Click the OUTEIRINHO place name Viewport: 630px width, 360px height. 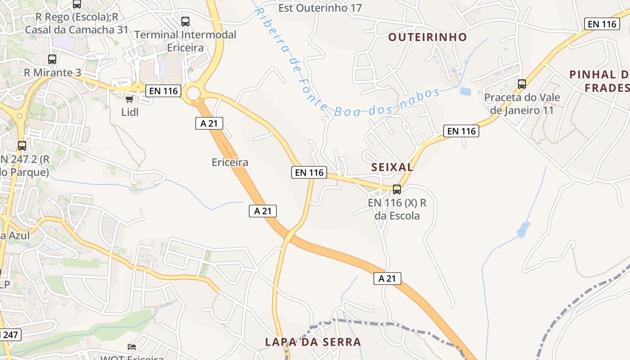(427, 37)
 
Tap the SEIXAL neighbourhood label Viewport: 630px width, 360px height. (392, 167)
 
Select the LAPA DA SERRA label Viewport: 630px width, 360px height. (313, 342)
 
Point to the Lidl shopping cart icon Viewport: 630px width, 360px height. (130, 99)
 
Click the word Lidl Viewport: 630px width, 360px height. (130, 112)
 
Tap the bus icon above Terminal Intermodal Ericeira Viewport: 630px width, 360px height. (185, 21)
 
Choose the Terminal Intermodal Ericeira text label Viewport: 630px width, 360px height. (185, 41)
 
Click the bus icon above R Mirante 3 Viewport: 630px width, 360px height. (52, 59)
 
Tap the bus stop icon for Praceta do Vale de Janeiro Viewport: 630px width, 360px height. (522, 84)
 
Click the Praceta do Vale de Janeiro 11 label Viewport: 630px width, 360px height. (522, 103)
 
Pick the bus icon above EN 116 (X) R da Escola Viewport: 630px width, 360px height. (397, 189)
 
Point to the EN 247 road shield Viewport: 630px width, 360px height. (9, 335)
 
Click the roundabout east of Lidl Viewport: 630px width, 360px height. (193, 94)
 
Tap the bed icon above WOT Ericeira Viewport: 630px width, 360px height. (131, 346)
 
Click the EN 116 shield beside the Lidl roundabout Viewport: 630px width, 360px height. (164, 91)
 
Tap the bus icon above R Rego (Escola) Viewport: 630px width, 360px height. (77, 4)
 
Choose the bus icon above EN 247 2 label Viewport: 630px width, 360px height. (22, 146)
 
